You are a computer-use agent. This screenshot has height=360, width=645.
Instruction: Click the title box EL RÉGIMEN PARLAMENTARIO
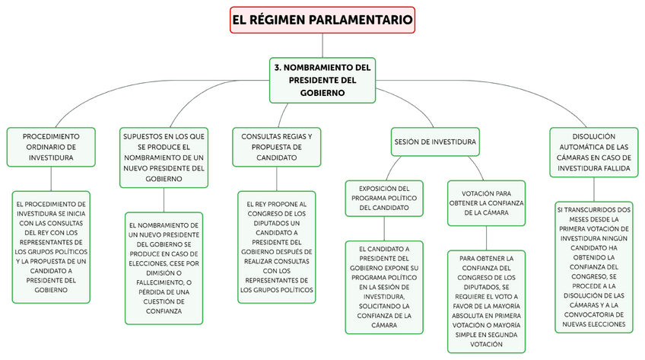322,19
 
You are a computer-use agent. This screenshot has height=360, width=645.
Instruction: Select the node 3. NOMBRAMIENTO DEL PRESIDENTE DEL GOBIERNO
322,79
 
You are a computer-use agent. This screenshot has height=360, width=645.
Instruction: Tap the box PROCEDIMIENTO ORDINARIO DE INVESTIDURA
51,147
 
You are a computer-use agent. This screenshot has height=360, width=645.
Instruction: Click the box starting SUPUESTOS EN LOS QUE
164,157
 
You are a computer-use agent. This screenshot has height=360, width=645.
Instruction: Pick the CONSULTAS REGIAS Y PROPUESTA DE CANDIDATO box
277,147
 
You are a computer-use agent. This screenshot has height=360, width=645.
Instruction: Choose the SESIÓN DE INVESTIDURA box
435,142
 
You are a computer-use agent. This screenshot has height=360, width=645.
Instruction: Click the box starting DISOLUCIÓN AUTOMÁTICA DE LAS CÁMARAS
594,152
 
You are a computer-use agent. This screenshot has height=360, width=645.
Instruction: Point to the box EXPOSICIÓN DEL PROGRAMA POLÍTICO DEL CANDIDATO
384,197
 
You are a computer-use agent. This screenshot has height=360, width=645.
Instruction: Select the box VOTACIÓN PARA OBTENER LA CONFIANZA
486,203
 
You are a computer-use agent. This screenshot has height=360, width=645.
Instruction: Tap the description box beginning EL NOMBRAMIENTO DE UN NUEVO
164,268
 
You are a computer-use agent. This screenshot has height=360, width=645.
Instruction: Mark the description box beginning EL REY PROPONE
277,247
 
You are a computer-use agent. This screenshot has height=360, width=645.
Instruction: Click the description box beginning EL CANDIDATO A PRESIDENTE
384,287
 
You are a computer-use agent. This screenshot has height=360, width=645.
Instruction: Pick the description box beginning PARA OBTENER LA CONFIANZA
486,301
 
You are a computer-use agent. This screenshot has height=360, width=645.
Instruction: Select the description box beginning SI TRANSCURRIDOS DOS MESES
594,266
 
